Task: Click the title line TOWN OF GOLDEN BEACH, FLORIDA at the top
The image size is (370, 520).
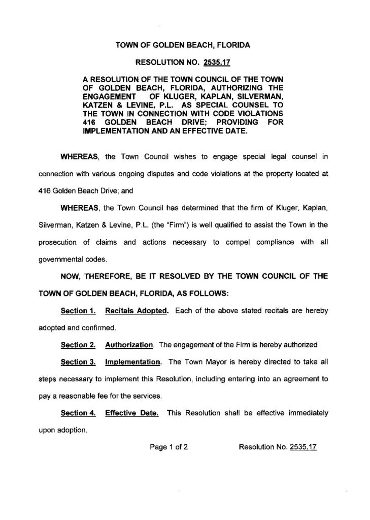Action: (x=183, y=45)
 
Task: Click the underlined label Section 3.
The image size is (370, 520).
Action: (x=79, y=363)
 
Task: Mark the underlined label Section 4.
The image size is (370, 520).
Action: (x=79, y=413)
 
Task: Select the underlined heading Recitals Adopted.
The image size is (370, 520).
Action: (x=136, y=311)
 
